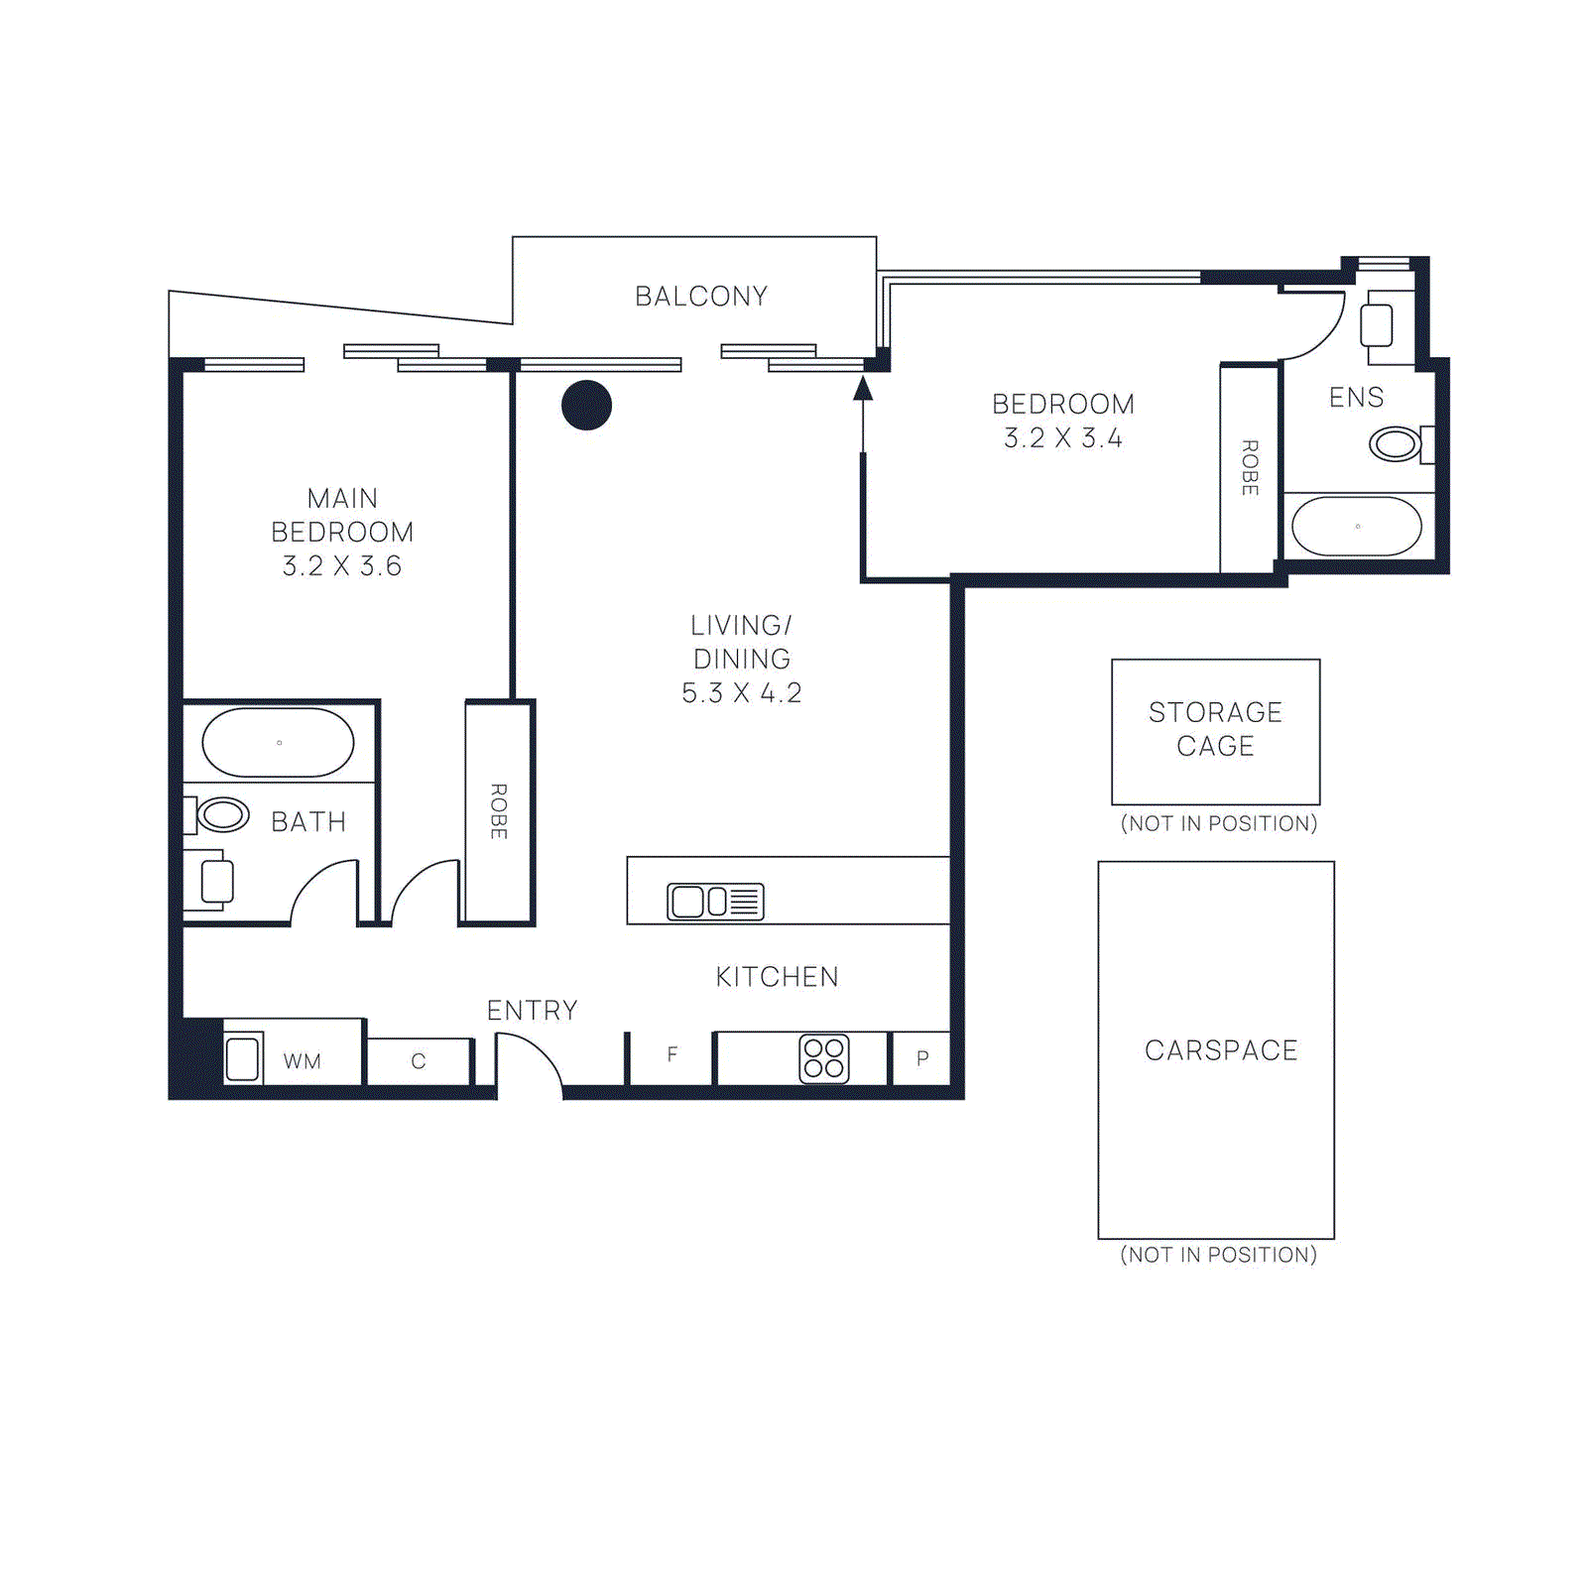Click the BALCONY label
tap(701, 297)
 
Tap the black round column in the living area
tap(586, 405)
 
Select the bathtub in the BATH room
tap(278, 742)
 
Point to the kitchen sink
tap(715, 901)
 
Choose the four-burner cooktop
tap(824, 1058)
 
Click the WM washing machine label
tap(302, 1061)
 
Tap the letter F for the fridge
tap(672, 1054)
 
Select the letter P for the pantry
tap(922, 1057)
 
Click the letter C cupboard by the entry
tap(419, 1061)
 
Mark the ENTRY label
tap(532, 1011)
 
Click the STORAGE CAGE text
tap(1215, 729)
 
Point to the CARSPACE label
tap(1221, 1050)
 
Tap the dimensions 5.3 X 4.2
tap(741, 693)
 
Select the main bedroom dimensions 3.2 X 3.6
tap(341, 566)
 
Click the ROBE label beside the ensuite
tap(1250, 468)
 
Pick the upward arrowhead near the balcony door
tap(863, 388)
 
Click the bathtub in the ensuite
tap(1357, 526)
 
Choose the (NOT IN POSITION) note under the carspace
tap(1219, 1255)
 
